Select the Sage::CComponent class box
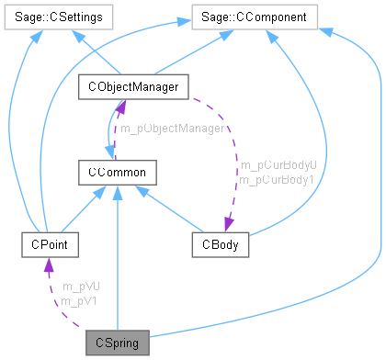tap(255, 16)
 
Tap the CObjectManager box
tap(134, 86)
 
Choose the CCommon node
tap(117, 172)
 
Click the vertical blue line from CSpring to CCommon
tap(117, 266)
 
